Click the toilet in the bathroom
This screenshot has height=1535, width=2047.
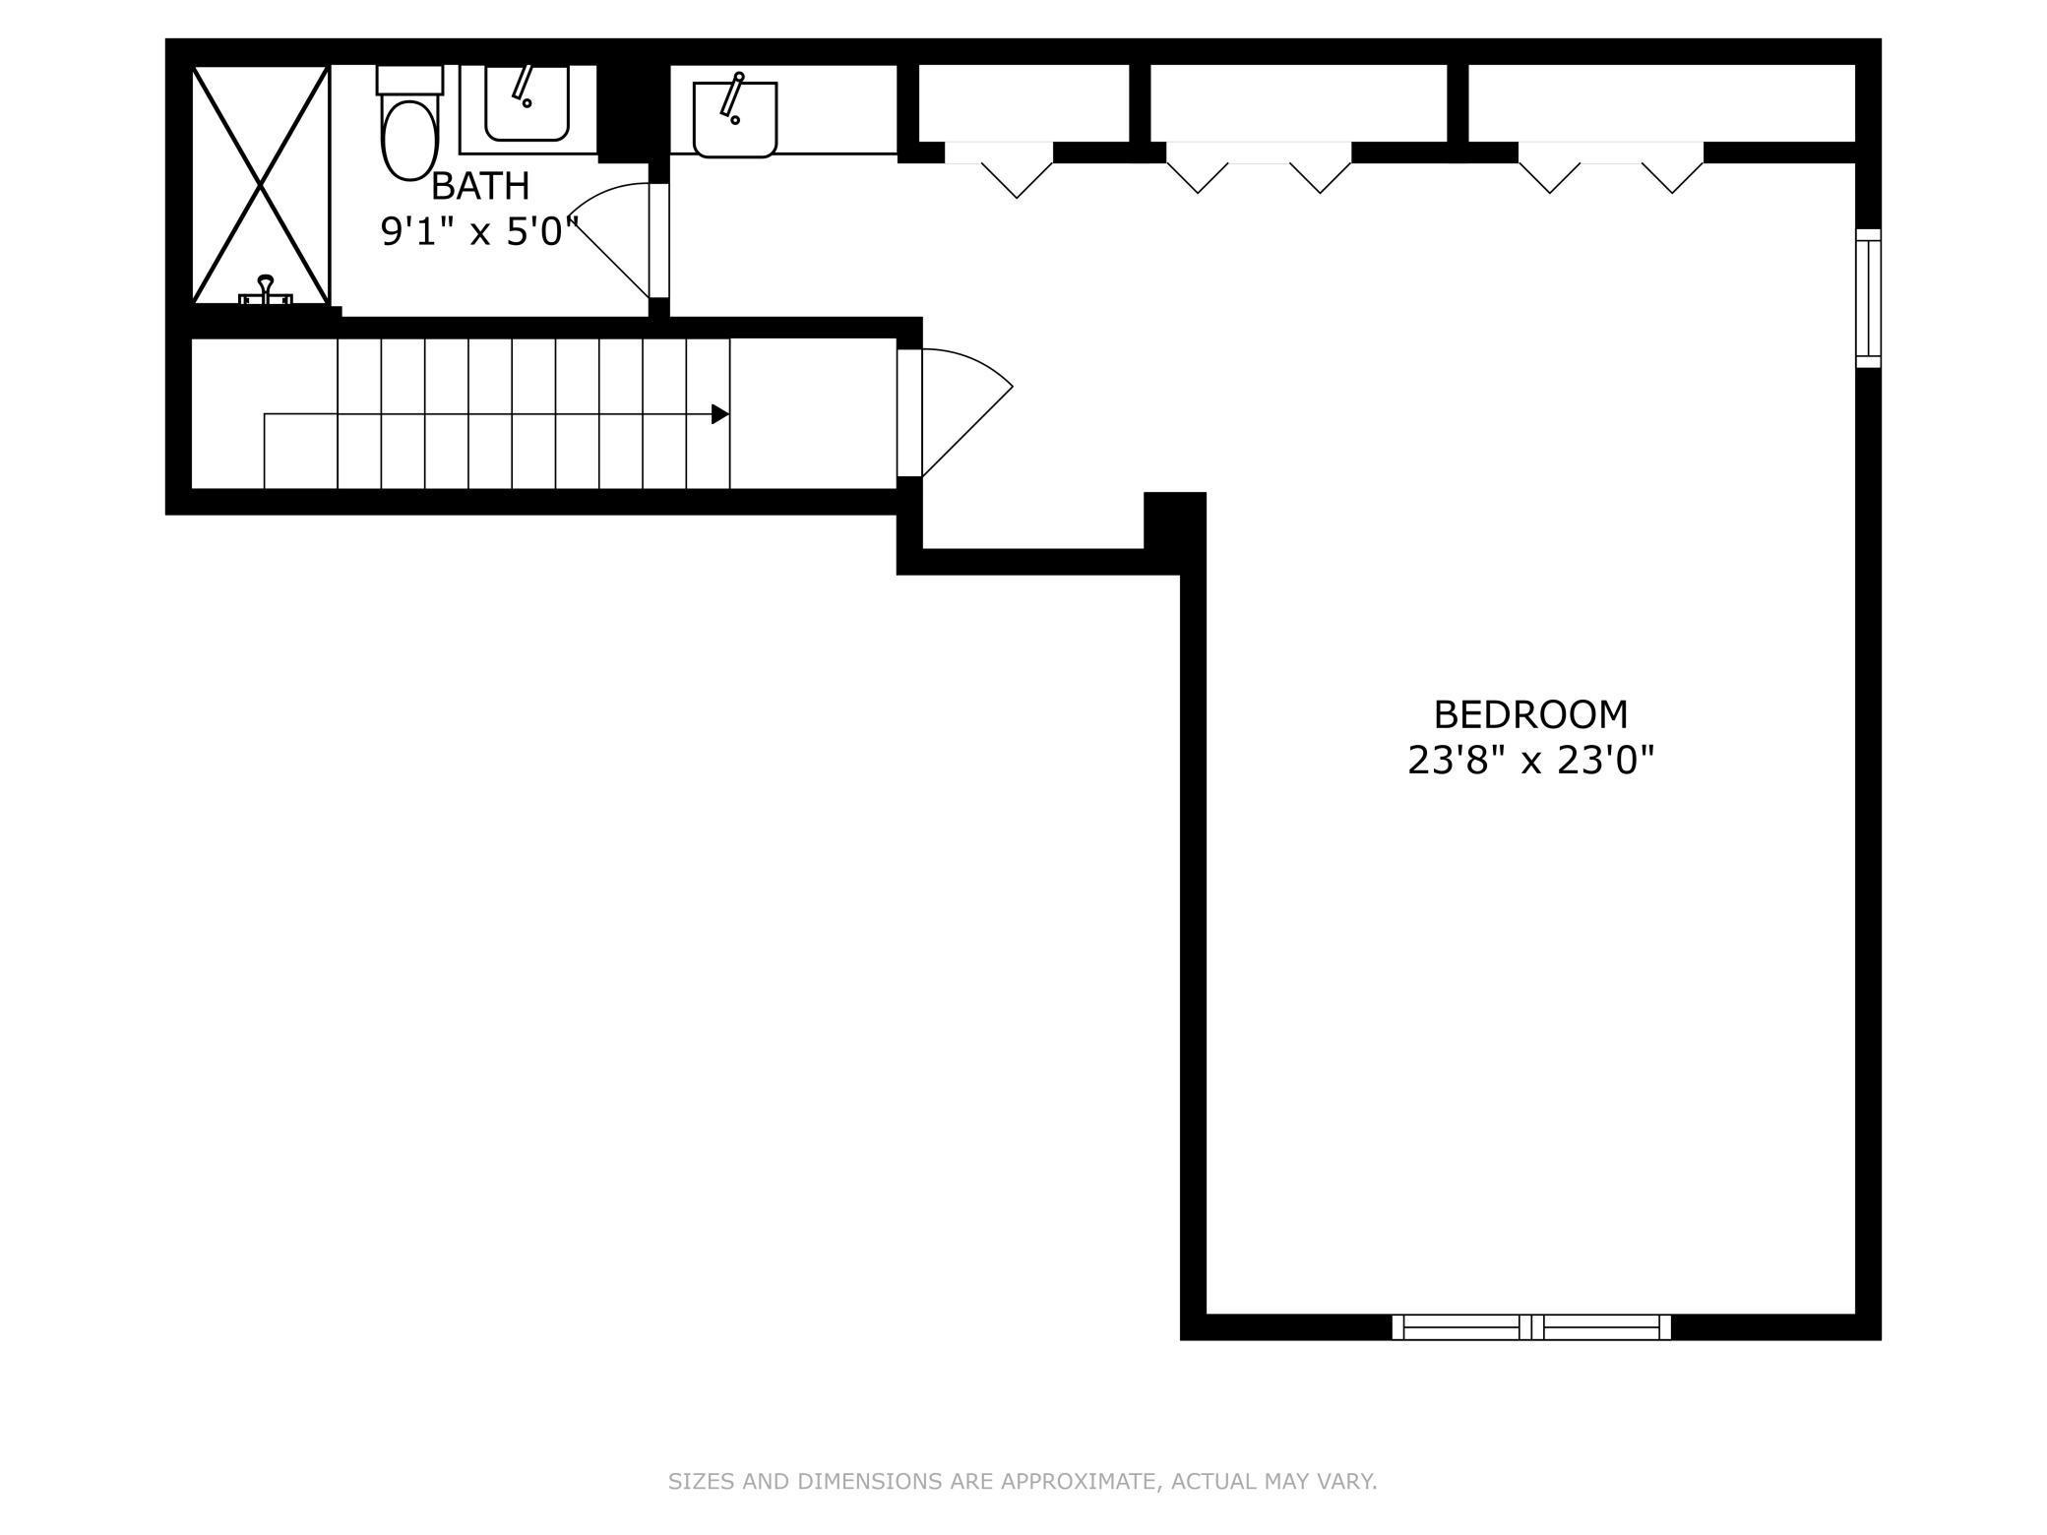pyautogui.click(x=409, y=123)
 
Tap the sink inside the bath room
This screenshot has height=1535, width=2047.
pyautogui.click(x=527, y=103)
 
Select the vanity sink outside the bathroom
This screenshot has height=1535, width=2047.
pyautogui.click(x=735, y=118)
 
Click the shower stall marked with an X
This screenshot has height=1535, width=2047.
pyautogui.click(x=260, y=185)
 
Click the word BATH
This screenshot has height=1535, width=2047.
pyautogui.click(x=480, y=186)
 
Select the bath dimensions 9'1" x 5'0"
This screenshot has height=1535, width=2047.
pyautogui.click(x=479, y=232)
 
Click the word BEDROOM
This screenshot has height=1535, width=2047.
pyautogui.click(x=1530, y=714)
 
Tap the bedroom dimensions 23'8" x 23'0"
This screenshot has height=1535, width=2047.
pyautogui.click(x=1530, y=761)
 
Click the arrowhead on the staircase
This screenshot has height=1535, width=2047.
pyautogui.click(x=720, y=414)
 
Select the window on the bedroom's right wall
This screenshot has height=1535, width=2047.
pyautogui.click(x=1868, y=298)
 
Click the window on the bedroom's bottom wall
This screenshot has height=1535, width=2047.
pyautogui.click(x=1531, y=1326)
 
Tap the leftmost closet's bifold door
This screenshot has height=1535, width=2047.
pyautogui.click(x=999, y=170)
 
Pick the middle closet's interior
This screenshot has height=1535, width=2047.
pyautogui.click(x=1299, y=103)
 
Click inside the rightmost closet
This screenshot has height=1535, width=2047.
pyautogui.click(x=1661, y=103)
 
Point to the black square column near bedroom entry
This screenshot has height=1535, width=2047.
pyautogui.click(x=1175, y=521)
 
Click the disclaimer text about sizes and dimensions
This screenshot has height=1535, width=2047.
pyautogui.click(x=1023, y=1481)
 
